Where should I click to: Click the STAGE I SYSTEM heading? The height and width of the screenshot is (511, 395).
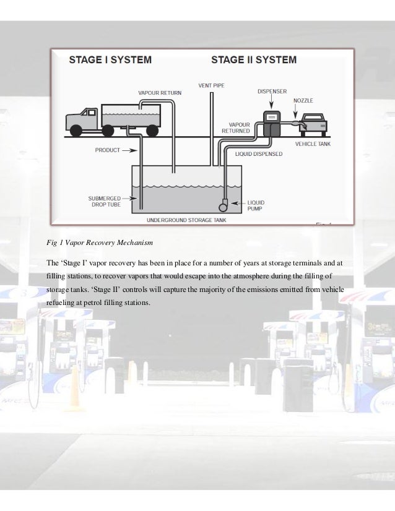110,60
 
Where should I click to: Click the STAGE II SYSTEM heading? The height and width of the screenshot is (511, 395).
254,60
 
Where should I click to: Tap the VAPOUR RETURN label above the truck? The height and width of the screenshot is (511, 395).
160,93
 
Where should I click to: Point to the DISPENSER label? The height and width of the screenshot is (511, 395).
273,92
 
